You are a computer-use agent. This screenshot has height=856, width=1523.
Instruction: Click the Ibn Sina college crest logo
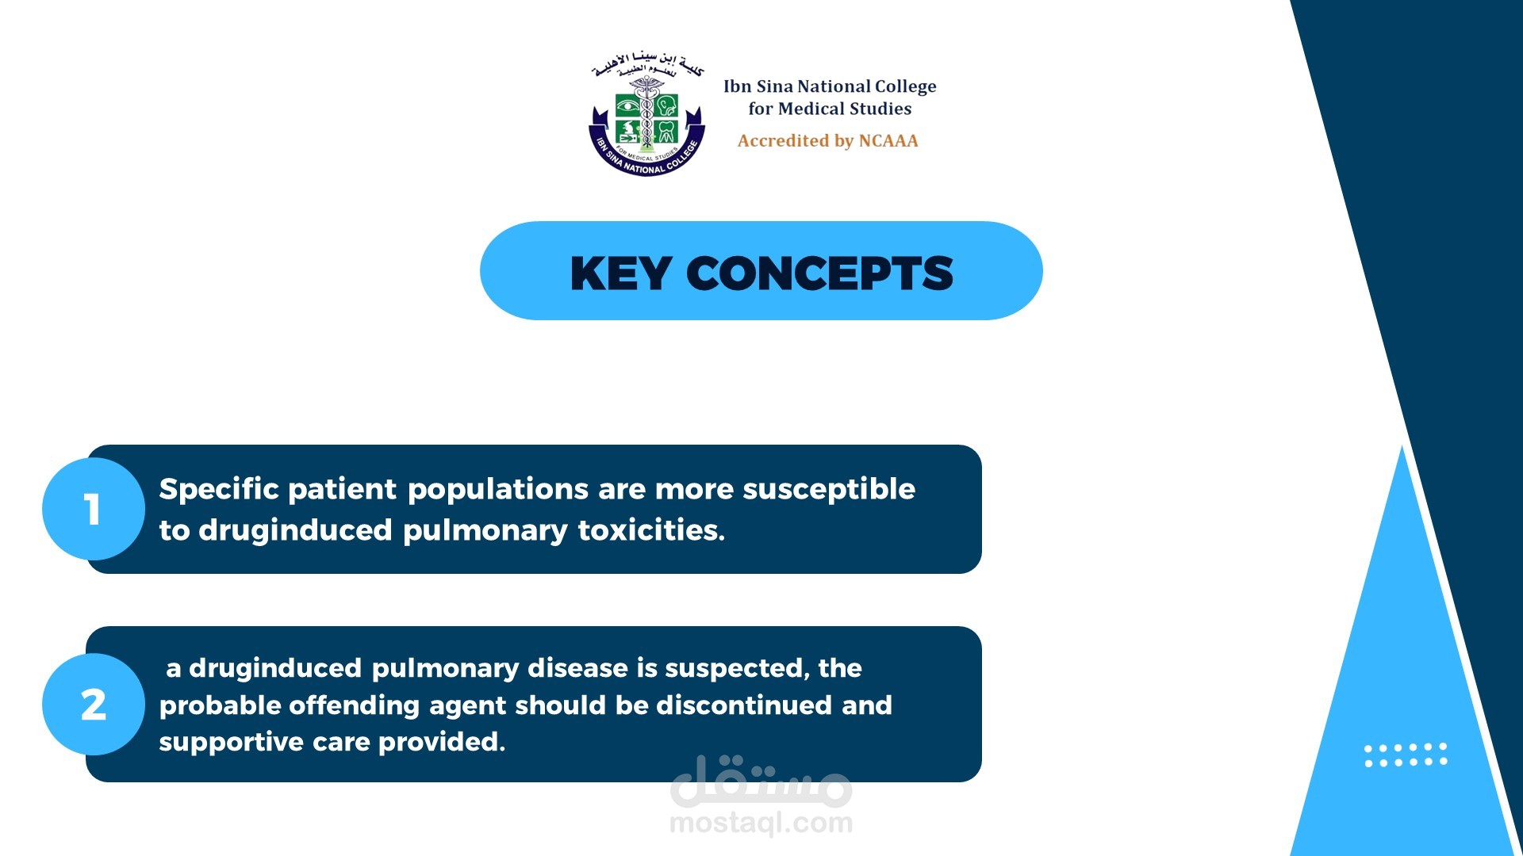coord(646,113)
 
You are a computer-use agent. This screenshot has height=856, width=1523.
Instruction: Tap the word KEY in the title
coord(621,273)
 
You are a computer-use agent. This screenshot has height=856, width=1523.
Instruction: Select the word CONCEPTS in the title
coord(819,273)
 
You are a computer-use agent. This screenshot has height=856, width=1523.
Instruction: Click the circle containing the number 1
coord(94,509)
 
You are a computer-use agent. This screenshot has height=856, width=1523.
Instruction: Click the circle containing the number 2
coord(94,704)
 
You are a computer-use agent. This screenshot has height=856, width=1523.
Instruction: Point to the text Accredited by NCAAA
coord(828,141)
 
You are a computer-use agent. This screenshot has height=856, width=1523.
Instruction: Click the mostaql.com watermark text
coord(761,823)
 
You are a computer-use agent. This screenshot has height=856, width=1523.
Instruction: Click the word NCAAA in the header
coord(888,141)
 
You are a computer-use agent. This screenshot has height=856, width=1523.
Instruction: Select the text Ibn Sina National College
coord(830,86)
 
